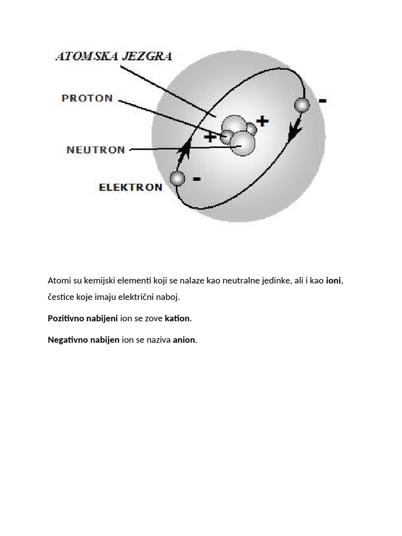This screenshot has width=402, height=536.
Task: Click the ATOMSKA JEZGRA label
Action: pyautogui.click(x=114, y=56)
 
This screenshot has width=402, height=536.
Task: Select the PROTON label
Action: pyautogui.click(x=87, y=98)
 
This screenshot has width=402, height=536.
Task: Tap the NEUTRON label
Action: pyautogui.click(x=96, y=150)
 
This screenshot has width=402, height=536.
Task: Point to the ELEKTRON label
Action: pyautogui.click(x=131, y=187)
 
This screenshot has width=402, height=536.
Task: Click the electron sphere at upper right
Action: pyautogui.click(x=301, y=105)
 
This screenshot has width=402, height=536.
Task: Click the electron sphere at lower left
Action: pyautogui.click(x=178, y=178)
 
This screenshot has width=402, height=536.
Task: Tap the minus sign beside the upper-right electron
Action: pyautogui.click(x=323, y=100)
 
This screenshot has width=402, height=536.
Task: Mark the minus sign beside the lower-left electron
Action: pyautogui.click(x=196, y=179)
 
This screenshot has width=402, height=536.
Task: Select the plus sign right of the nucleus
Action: pyautogui.click(x=262, y=121)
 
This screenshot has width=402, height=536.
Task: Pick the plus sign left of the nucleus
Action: pyautogui.click(x=210, y=138)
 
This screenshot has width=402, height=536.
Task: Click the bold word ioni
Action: pyautogui.click(x=333, y=281)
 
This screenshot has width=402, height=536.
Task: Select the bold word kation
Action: pyautogui.click(x=177, y=318)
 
